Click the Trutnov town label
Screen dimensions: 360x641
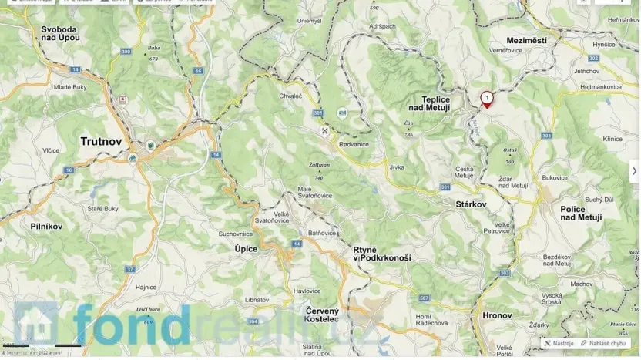click(101, 141)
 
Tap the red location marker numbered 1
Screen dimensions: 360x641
click(487, 99)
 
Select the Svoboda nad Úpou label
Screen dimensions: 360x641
click(61, 33)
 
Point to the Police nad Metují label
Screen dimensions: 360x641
click(582, 214)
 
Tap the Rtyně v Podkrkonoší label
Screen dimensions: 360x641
click(381, 254)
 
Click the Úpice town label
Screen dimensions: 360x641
click(246, 249)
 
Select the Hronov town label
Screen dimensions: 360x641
click(497, 315)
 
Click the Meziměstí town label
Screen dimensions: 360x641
click(527, 39)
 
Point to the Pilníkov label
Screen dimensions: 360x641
click(46, 227)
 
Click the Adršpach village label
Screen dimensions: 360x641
click(381, 25)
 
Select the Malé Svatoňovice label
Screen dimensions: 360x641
click(314, 193)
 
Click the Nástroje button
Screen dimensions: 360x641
click(559, 343)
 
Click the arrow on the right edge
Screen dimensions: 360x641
click(634, 171)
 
